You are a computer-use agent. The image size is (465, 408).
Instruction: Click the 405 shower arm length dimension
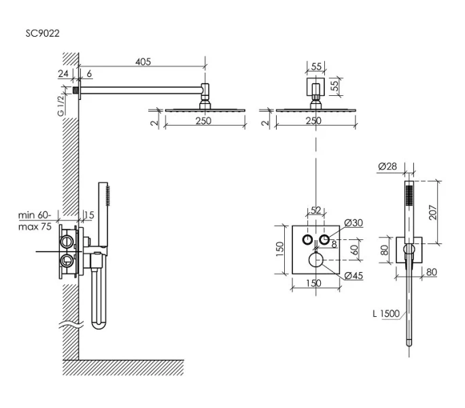[142, 62]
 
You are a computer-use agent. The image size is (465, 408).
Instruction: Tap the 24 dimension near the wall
[64, 74]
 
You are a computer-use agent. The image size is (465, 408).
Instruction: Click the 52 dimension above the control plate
[315, 209]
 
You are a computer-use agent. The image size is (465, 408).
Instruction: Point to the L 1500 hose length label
[385, 313]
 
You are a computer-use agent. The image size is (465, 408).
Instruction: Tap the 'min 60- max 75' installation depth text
[35, 221]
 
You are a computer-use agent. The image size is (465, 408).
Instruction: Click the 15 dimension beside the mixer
[88, 216]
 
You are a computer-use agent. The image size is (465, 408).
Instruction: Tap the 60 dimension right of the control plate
[354, 250]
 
